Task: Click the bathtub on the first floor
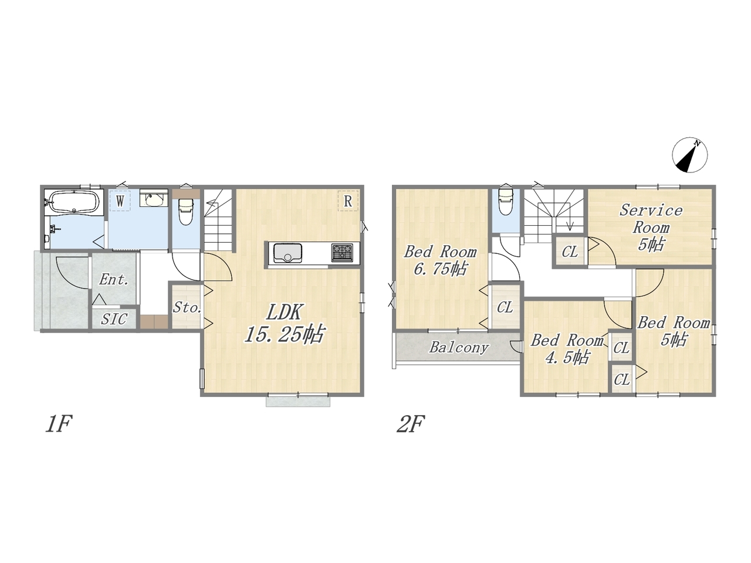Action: click(74, 202)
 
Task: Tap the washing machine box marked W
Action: click(120, 201)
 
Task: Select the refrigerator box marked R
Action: click(348, 201)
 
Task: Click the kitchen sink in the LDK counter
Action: click(287, 253)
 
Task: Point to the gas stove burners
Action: click(342, 252)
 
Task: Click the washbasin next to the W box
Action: click(154, 198)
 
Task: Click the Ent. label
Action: click(114, 280)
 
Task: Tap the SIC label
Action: click(114, 319)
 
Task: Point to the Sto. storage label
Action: click(187, 308)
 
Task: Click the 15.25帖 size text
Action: click(283, 334)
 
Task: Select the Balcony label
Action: click(459, 347)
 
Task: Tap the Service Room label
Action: click(651, 219)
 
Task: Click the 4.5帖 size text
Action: click(567, 358)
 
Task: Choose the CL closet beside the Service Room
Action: click(570, 252)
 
